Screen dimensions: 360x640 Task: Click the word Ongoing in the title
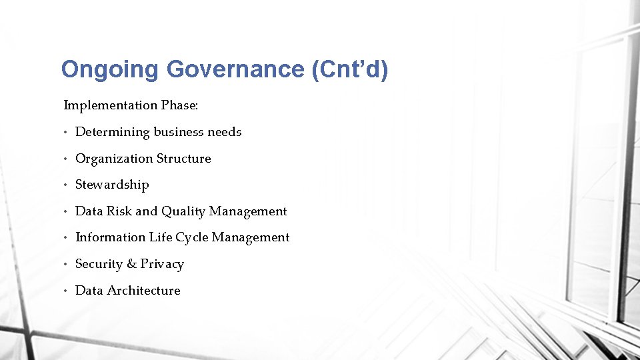109,69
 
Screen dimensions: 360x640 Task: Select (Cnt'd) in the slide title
349,69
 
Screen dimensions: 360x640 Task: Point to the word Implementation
110,105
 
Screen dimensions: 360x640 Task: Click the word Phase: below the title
180,105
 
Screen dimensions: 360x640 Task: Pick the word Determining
113,132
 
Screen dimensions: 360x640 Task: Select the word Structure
183,159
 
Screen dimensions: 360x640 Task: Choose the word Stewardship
112,185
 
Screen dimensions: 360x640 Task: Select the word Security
99,264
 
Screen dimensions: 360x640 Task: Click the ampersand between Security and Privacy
131,264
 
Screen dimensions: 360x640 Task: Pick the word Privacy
162,265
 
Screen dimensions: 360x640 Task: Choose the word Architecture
143,291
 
